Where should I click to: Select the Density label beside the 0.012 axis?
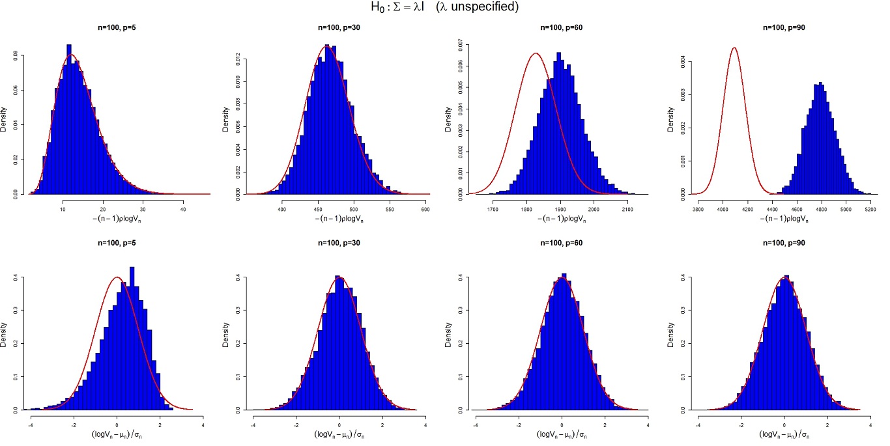[x=225, y=120]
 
